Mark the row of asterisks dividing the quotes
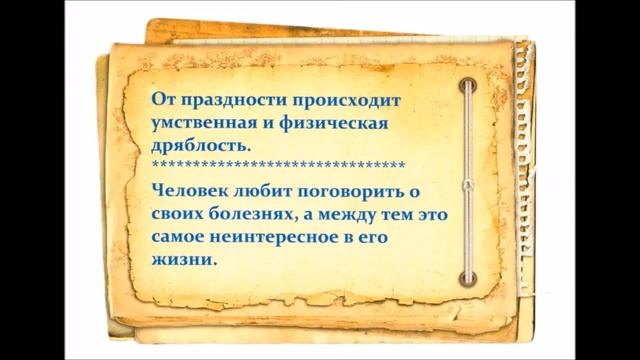[x=277, y=165]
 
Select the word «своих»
[x=173, y=212]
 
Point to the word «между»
[x=337, y=212]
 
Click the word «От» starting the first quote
[x=160, y=100]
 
